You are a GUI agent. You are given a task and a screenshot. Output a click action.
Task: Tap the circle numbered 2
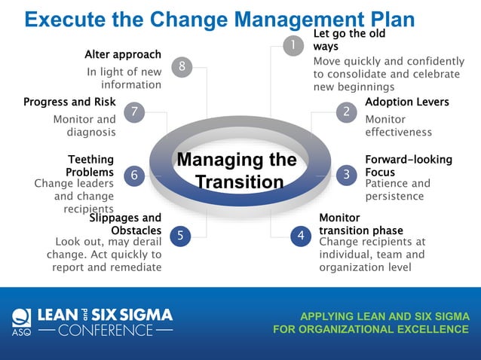tap(346, 111)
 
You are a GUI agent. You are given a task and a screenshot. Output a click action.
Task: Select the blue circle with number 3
tap(346, 175)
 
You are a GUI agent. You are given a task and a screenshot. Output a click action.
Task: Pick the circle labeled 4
tap(301, 236)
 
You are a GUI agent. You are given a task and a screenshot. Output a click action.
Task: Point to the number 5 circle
tap(180, 236)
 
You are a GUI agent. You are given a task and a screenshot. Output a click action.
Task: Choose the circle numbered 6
tap(133, 175)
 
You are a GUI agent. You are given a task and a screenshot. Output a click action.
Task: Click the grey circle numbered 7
tap(133, 111)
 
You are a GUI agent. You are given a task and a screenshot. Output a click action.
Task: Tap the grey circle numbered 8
tap(182, 67)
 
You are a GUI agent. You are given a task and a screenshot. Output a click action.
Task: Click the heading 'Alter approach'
tap(123, 54)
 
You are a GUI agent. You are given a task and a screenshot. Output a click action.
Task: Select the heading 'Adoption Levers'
tap(406, 102)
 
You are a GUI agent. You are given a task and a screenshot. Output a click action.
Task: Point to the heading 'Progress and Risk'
tap(69, 102)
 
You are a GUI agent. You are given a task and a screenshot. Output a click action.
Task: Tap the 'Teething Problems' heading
tap(91, 166)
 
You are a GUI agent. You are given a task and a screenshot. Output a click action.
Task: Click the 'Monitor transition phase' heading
tap(361, 224)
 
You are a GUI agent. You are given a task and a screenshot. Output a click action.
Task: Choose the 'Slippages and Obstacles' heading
tap(125, 224)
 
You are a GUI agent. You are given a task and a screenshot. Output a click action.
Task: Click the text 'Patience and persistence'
tap(397, 190)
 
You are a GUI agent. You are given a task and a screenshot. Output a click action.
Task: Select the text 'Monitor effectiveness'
tap(398, 126)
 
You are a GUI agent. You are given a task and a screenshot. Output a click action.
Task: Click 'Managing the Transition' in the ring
tap(236, 171)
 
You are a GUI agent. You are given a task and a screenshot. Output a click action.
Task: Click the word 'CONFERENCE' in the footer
tap(106, 330)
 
